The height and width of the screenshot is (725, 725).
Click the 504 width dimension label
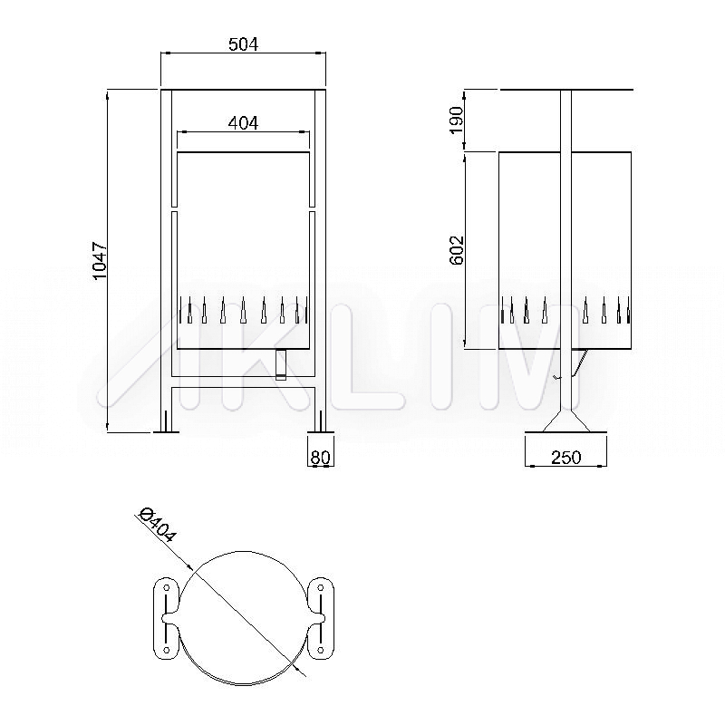point(243,44)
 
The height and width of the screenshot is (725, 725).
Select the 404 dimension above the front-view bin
point(243,123)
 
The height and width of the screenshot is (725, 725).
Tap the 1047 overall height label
point(100,260)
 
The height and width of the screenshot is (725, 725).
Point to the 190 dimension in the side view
point(457,120)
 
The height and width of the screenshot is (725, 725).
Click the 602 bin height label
point(457,250)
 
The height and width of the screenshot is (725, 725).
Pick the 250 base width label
point(565,458)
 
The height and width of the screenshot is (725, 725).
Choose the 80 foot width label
point(320,458)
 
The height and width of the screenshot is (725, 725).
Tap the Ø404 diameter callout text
point(158,526)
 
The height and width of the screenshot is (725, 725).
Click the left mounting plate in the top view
point(166,618)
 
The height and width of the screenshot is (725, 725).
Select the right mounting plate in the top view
point(321,618)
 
